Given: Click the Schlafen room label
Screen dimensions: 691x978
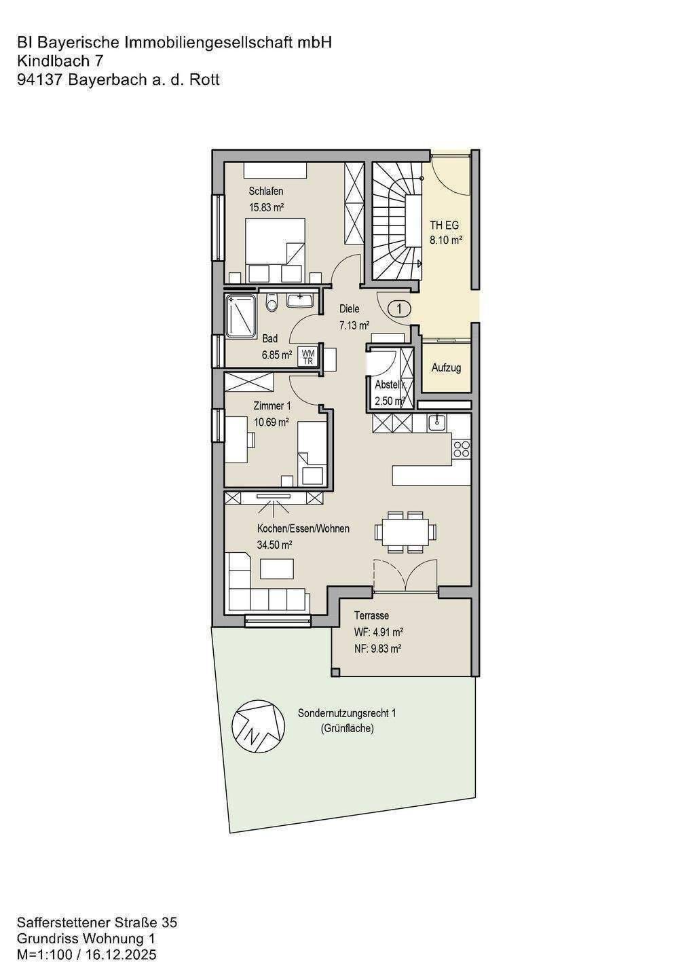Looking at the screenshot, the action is pos(265,192).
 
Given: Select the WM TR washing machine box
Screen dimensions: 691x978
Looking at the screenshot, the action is pos(308,357).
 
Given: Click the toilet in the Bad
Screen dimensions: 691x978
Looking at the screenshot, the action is pos(272,302).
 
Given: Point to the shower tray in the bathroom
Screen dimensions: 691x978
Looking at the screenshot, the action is pos(240,316).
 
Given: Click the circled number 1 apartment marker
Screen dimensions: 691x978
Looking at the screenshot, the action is pos(398,308).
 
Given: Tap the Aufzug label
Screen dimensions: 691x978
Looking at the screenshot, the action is pos(446,367).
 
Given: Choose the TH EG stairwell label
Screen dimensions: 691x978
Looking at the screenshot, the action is pos(444,225).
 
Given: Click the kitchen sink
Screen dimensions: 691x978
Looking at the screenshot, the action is pos(436,422).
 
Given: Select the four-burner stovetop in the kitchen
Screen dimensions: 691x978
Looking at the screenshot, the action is pos(462,450).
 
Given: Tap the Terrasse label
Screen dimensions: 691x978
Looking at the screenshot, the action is pos(371,615).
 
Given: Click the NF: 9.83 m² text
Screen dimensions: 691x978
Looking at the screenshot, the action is pos(378,649).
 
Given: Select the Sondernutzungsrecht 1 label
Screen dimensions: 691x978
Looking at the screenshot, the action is pos(347,713).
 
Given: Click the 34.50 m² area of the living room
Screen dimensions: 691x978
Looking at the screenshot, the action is pos(274,545).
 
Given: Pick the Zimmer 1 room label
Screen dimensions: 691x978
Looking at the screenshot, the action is pos(272,406).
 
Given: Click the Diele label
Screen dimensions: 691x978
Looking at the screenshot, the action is pos(350,308).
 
